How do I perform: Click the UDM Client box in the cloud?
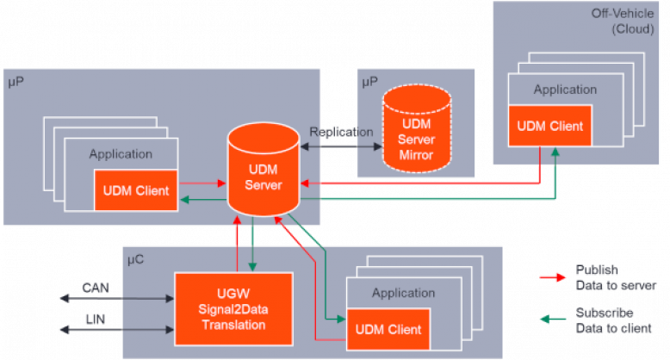[549, 126]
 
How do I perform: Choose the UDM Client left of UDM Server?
[135, 189]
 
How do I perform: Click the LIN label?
[95, 320]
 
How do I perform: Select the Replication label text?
[341, 133]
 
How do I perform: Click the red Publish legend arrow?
[551, 277]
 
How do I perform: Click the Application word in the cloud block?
[564, 90]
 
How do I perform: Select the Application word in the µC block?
[403, 293]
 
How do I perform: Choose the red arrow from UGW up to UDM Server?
[236, 245]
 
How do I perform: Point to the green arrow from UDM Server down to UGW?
[251, 245]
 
